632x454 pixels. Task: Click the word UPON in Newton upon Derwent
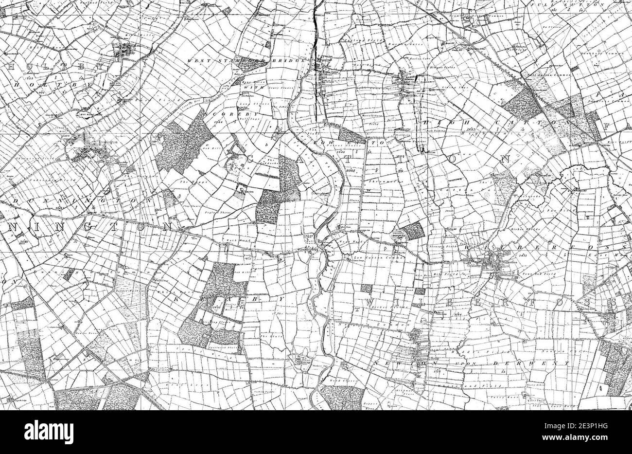pyautogui.click(x=443, y=363)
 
